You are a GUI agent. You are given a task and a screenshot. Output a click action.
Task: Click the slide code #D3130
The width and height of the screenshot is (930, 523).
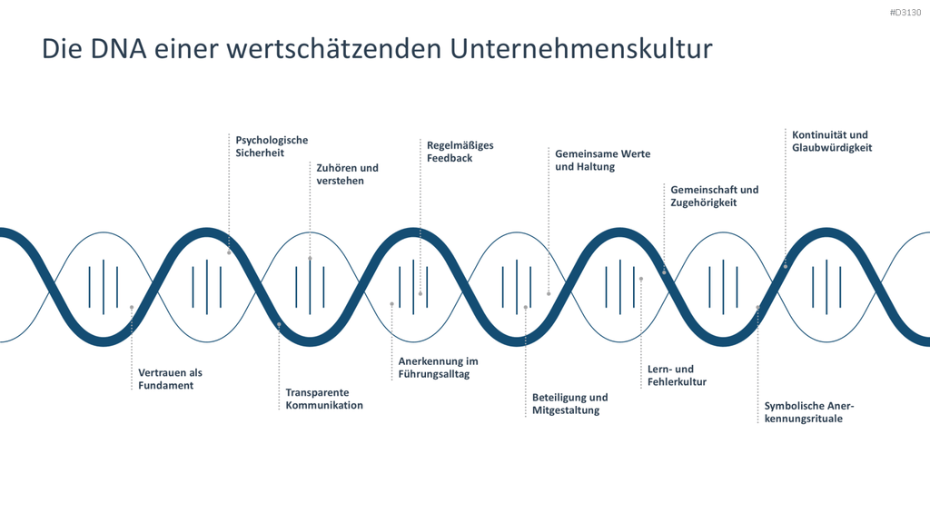pos(905,13)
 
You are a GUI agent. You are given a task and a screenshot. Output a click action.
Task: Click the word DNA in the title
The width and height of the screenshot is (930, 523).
pos(118,49)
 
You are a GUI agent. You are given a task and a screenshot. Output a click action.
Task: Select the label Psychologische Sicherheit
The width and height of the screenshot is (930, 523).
pos(272,146)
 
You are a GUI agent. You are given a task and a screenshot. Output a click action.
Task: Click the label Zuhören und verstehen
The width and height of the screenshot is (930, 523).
pos(347,174)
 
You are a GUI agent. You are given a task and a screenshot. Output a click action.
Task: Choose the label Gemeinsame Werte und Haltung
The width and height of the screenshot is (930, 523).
pos(603,160)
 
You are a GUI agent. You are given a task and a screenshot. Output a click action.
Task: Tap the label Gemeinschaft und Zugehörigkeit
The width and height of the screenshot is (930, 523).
pos(714,196)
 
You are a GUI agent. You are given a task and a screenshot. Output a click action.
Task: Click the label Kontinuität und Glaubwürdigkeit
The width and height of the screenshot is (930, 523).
pos(832,141)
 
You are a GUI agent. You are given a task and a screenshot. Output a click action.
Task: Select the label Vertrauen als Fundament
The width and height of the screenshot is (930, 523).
pos(170,379)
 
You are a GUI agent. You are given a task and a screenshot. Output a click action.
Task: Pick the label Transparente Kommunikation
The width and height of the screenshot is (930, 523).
pos(324,400)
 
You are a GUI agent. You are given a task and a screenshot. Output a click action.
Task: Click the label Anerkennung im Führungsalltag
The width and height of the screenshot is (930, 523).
pos(438,368)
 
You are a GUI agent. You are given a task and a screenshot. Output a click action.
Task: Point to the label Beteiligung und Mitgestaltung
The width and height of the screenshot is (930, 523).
pos(569,404)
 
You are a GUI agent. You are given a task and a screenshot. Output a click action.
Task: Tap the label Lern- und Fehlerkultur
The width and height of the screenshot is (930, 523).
pos(677,375)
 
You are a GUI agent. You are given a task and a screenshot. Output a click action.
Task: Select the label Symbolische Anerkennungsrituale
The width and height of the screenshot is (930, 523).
pos(808,412)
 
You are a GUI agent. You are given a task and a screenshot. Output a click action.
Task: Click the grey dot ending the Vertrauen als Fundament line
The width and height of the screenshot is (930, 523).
pos(132,307)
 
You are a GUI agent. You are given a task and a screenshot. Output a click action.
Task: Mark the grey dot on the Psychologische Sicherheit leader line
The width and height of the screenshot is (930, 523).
pos(229,252)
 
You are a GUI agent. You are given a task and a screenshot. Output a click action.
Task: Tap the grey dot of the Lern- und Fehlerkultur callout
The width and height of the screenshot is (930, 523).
pos(640,279)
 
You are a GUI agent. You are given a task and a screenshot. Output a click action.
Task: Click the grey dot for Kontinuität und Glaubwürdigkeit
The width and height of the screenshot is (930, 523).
pos(786,266)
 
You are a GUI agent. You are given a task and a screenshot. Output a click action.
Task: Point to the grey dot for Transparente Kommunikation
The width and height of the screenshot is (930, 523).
pos(279,324)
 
